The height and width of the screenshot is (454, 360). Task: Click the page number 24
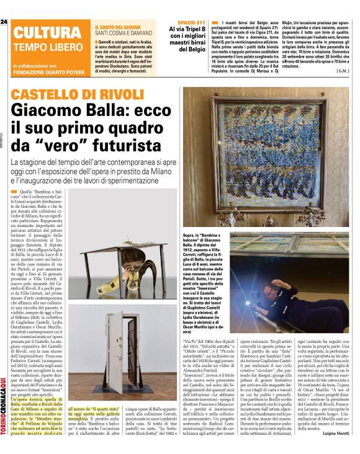tap(5, 22)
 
